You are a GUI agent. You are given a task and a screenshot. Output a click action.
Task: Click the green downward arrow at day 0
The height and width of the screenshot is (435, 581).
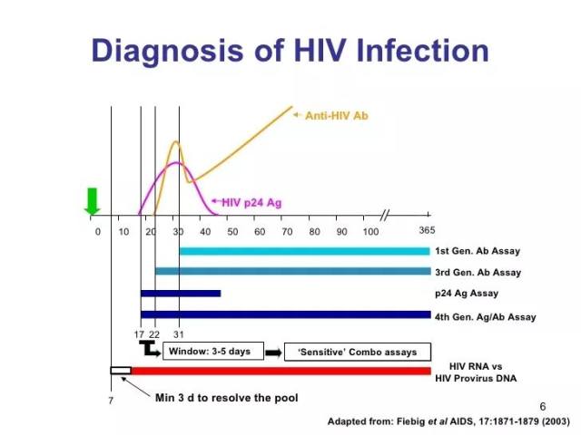click(x=92, y=201)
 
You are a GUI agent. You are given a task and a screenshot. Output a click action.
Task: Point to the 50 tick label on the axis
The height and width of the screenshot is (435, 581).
click(x=232, y=232)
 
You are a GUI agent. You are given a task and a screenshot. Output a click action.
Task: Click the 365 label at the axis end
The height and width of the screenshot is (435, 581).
click(x=427, y=230)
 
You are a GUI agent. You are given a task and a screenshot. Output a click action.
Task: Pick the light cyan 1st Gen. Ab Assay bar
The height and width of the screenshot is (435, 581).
click(x=305, y=252)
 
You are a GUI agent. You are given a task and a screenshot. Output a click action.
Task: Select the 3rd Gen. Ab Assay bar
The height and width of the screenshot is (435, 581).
click(x=293, y=271)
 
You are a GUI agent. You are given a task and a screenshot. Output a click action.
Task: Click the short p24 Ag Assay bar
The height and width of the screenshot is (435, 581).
click(x=181, y=294)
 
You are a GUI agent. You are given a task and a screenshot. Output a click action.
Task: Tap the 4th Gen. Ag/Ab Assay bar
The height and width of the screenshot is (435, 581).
click(x=286, y=314)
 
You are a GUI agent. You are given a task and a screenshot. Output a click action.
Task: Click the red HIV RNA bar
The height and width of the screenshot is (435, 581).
click(x=281, y=371)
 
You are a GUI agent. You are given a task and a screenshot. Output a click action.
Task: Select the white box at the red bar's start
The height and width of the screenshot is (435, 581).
click(x=121, y=371)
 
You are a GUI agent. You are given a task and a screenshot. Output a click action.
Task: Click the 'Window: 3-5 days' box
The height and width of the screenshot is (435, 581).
click(x=213, y=351)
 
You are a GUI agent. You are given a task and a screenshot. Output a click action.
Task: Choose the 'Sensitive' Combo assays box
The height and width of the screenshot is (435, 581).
click(x=358, y=352)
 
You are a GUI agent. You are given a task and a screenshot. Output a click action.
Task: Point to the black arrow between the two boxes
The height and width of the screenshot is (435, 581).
click(x=274, y=353)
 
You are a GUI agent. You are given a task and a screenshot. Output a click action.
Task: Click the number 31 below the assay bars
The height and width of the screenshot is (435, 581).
click(x=179, y=334)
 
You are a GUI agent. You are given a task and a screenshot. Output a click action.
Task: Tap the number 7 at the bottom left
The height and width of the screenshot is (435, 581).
click(x=111, y=401)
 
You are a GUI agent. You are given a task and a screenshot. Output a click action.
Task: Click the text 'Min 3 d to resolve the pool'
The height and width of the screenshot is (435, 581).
click(x=226, y=398)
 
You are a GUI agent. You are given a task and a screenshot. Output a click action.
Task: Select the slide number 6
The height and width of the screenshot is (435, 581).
click(x=543, y=407)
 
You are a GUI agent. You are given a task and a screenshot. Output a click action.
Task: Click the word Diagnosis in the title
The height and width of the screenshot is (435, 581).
click(x=167, y=52)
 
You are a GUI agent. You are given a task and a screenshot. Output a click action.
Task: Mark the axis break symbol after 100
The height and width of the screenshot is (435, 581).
click(x=385, y=215)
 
